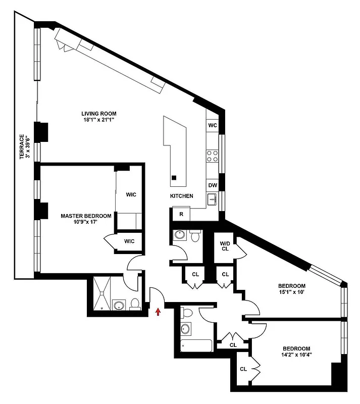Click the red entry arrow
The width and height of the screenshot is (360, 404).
[158, 312]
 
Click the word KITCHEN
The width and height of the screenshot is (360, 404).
[181, 196]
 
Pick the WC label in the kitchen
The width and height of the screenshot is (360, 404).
[212, 125]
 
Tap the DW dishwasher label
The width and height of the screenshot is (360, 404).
[212, 185]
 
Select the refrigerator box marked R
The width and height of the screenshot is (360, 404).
[181, 214]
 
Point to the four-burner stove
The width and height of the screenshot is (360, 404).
[212, 156]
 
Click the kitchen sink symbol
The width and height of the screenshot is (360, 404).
[212, 198]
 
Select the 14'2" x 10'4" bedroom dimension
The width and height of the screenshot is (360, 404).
[296, 355]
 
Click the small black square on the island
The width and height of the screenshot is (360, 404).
[174, 177]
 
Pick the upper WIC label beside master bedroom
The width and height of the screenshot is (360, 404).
[131, 194]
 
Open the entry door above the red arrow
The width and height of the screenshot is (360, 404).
[157, 295]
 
